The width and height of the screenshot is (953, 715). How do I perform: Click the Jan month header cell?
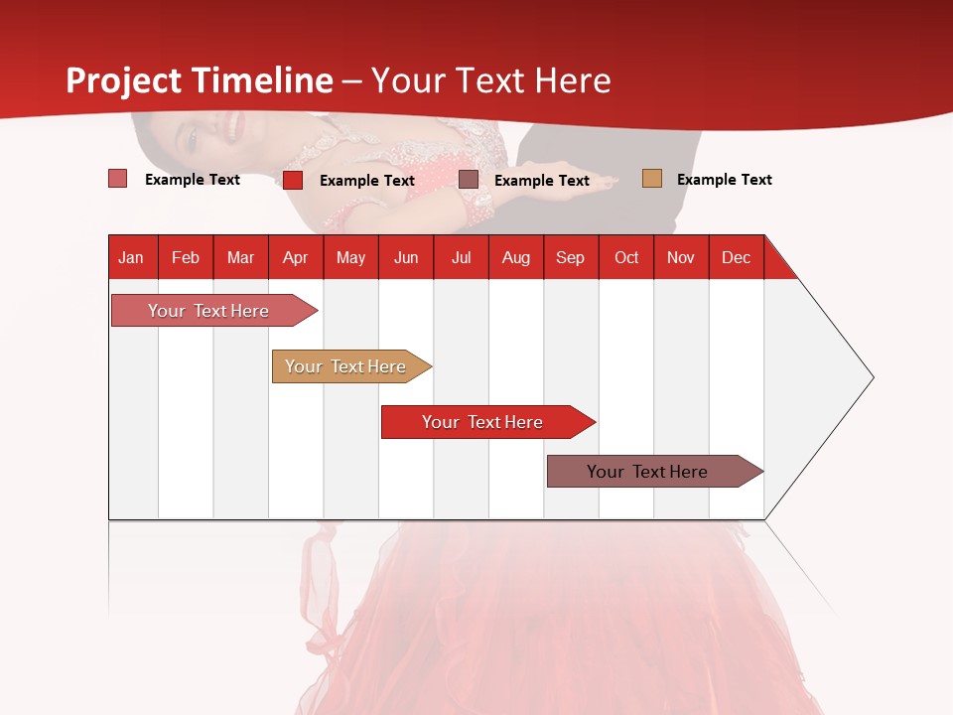tap(132, 257)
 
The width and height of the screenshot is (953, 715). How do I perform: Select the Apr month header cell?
tap(296, 257)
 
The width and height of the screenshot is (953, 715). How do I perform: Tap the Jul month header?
tap(461, 257)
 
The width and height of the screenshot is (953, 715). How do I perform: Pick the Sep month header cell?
tap(571, 257)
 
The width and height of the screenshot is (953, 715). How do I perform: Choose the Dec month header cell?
tap(736, 257)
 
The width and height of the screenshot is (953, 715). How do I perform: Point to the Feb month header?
tap(186, 257)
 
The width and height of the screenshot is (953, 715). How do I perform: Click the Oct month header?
tap(626, 257)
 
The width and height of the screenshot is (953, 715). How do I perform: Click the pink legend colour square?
tap(118, 179)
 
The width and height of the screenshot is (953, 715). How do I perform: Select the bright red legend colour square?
tap(293, 180)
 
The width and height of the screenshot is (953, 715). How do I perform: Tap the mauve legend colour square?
tap(469, 180)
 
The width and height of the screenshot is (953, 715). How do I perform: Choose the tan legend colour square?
tap(651, 179)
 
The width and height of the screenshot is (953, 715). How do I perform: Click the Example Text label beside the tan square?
tap(724, 180)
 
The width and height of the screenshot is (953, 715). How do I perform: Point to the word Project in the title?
tap(125, 80)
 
